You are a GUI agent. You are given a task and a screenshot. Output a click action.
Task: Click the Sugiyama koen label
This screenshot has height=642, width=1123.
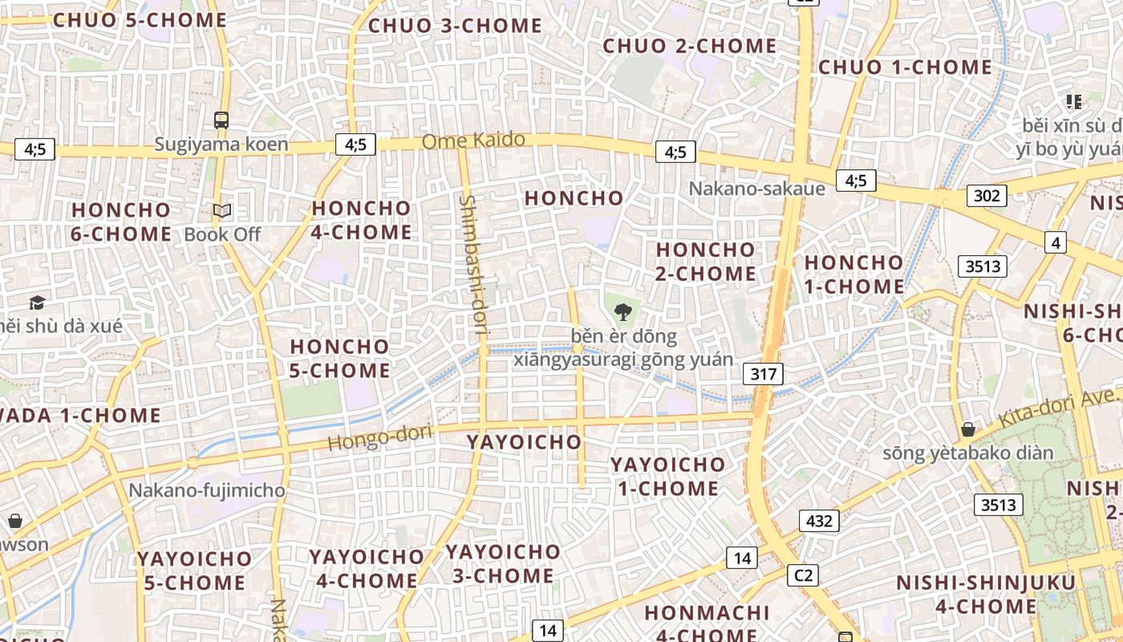[221, 144]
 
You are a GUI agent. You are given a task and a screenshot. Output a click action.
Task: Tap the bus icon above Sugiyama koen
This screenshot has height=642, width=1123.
[221, 120]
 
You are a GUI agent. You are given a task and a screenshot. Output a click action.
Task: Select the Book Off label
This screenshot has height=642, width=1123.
[222, 234]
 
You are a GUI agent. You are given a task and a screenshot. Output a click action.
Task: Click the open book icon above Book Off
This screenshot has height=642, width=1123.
[222, 211]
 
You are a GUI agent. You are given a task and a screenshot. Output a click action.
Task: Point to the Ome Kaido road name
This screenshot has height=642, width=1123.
[473, 140]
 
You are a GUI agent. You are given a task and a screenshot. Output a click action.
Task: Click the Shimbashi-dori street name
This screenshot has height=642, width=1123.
[474, 265]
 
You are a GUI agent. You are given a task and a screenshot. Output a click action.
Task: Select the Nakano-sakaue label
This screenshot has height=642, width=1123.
[756, 189]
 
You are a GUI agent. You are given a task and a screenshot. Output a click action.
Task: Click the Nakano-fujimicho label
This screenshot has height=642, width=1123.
[207, 490]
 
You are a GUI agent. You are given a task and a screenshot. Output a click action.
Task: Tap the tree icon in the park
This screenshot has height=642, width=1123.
[622, 312]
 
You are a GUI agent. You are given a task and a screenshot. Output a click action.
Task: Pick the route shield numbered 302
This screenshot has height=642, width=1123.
[986, 196]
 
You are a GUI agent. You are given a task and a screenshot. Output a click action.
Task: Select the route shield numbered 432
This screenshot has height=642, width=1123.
[819, 521]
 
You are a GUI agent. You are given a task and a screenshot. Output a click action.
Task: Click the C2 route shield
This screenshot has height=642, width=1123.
[803, 575]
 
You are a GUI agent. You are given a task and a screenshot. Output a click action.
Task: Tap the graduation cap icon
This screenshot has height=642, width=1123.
[37, 303]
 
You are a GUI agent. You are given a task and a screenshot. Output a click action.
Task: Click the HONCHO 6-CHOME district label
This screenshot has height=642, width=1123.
[121, 222]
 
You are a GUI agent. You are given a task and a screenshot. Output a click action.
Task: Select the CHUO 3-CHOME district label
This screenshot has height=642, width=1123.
[455, 26]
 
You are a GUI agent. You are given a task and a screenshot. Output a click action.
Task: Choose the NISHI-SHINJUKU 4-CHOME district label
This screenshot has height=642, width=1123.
[967, 595]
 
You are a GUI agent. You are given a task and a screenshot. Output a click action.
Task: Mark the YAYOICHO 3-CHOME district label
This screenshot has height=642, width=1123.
[503, 563]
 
